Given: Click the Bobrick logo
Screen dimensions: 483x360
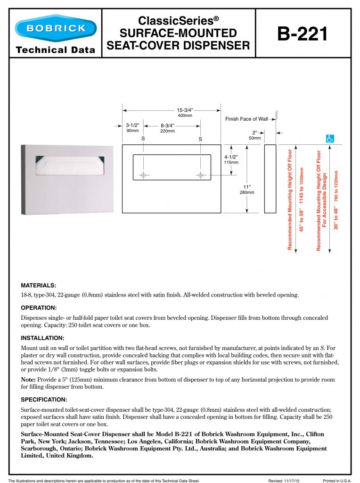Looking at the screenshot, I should click(x=56, y=28).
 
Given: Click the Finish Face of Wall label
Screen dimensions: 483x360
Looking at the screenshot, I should click(x=246, y=119).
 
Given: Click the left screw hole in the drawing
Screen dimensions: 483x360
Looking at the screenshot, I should click(x=143, y=175).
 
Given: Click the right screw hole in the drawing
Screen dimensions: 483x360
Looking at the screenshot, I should click(x=201, y=175).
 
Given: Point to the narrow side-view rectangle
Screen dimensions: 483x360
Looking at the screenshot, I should click(x=270, y=179).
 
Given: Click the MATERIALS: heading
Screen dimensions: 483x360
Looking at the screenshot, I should click(x=39, y=285).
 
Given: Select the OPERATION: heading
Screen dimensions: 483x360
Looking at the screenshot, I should click(x=39, y=308).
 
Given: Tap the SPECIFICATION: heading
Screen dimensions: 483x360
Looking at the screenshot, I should click(x=44, y=400).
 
